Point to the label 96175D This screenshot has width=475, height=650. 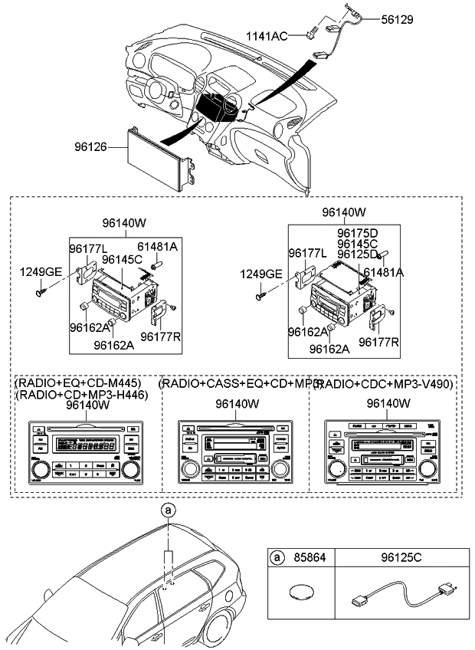click(x=359, y=232)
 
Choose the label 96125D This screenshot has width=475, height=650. click(x=359, y=254)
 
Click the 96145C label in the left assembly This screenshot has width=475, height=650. click(x=123, y=259)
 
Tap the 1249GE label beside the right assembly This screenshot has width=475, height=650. click(x=260, y=274)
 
